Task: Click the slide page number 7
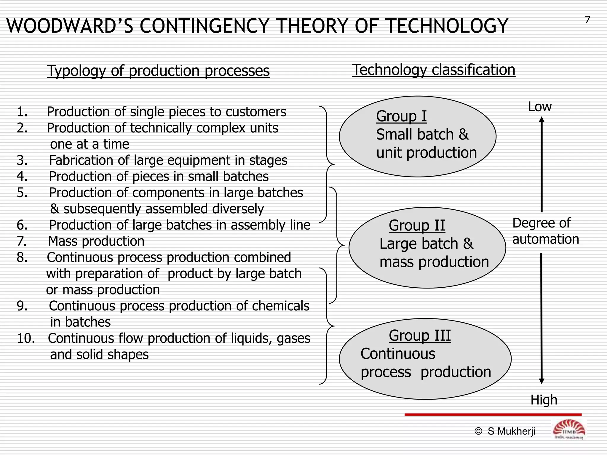tap(587, 20)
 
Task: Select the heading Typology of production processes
tap(158, 71)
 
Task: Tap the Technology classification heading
tap(434, 70)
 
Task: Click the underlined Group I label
tap(401, 116)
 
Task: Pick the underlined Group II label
tap(417, 225)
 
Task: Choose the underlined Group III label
tap(420, 336)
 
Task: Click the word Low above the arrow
tap(539, 107)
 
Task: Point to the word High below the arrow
tap(544, 400)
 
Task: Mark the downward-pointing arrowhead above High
tap(541, 381)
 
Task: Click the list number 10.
tap(25, 338)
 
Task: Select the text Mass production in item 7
tap(96, 241)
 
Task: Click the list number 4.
tap(22, 177)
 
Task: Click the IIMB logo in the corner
tap(569, 430)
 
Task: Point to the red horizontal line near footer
tap(493, 414)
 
